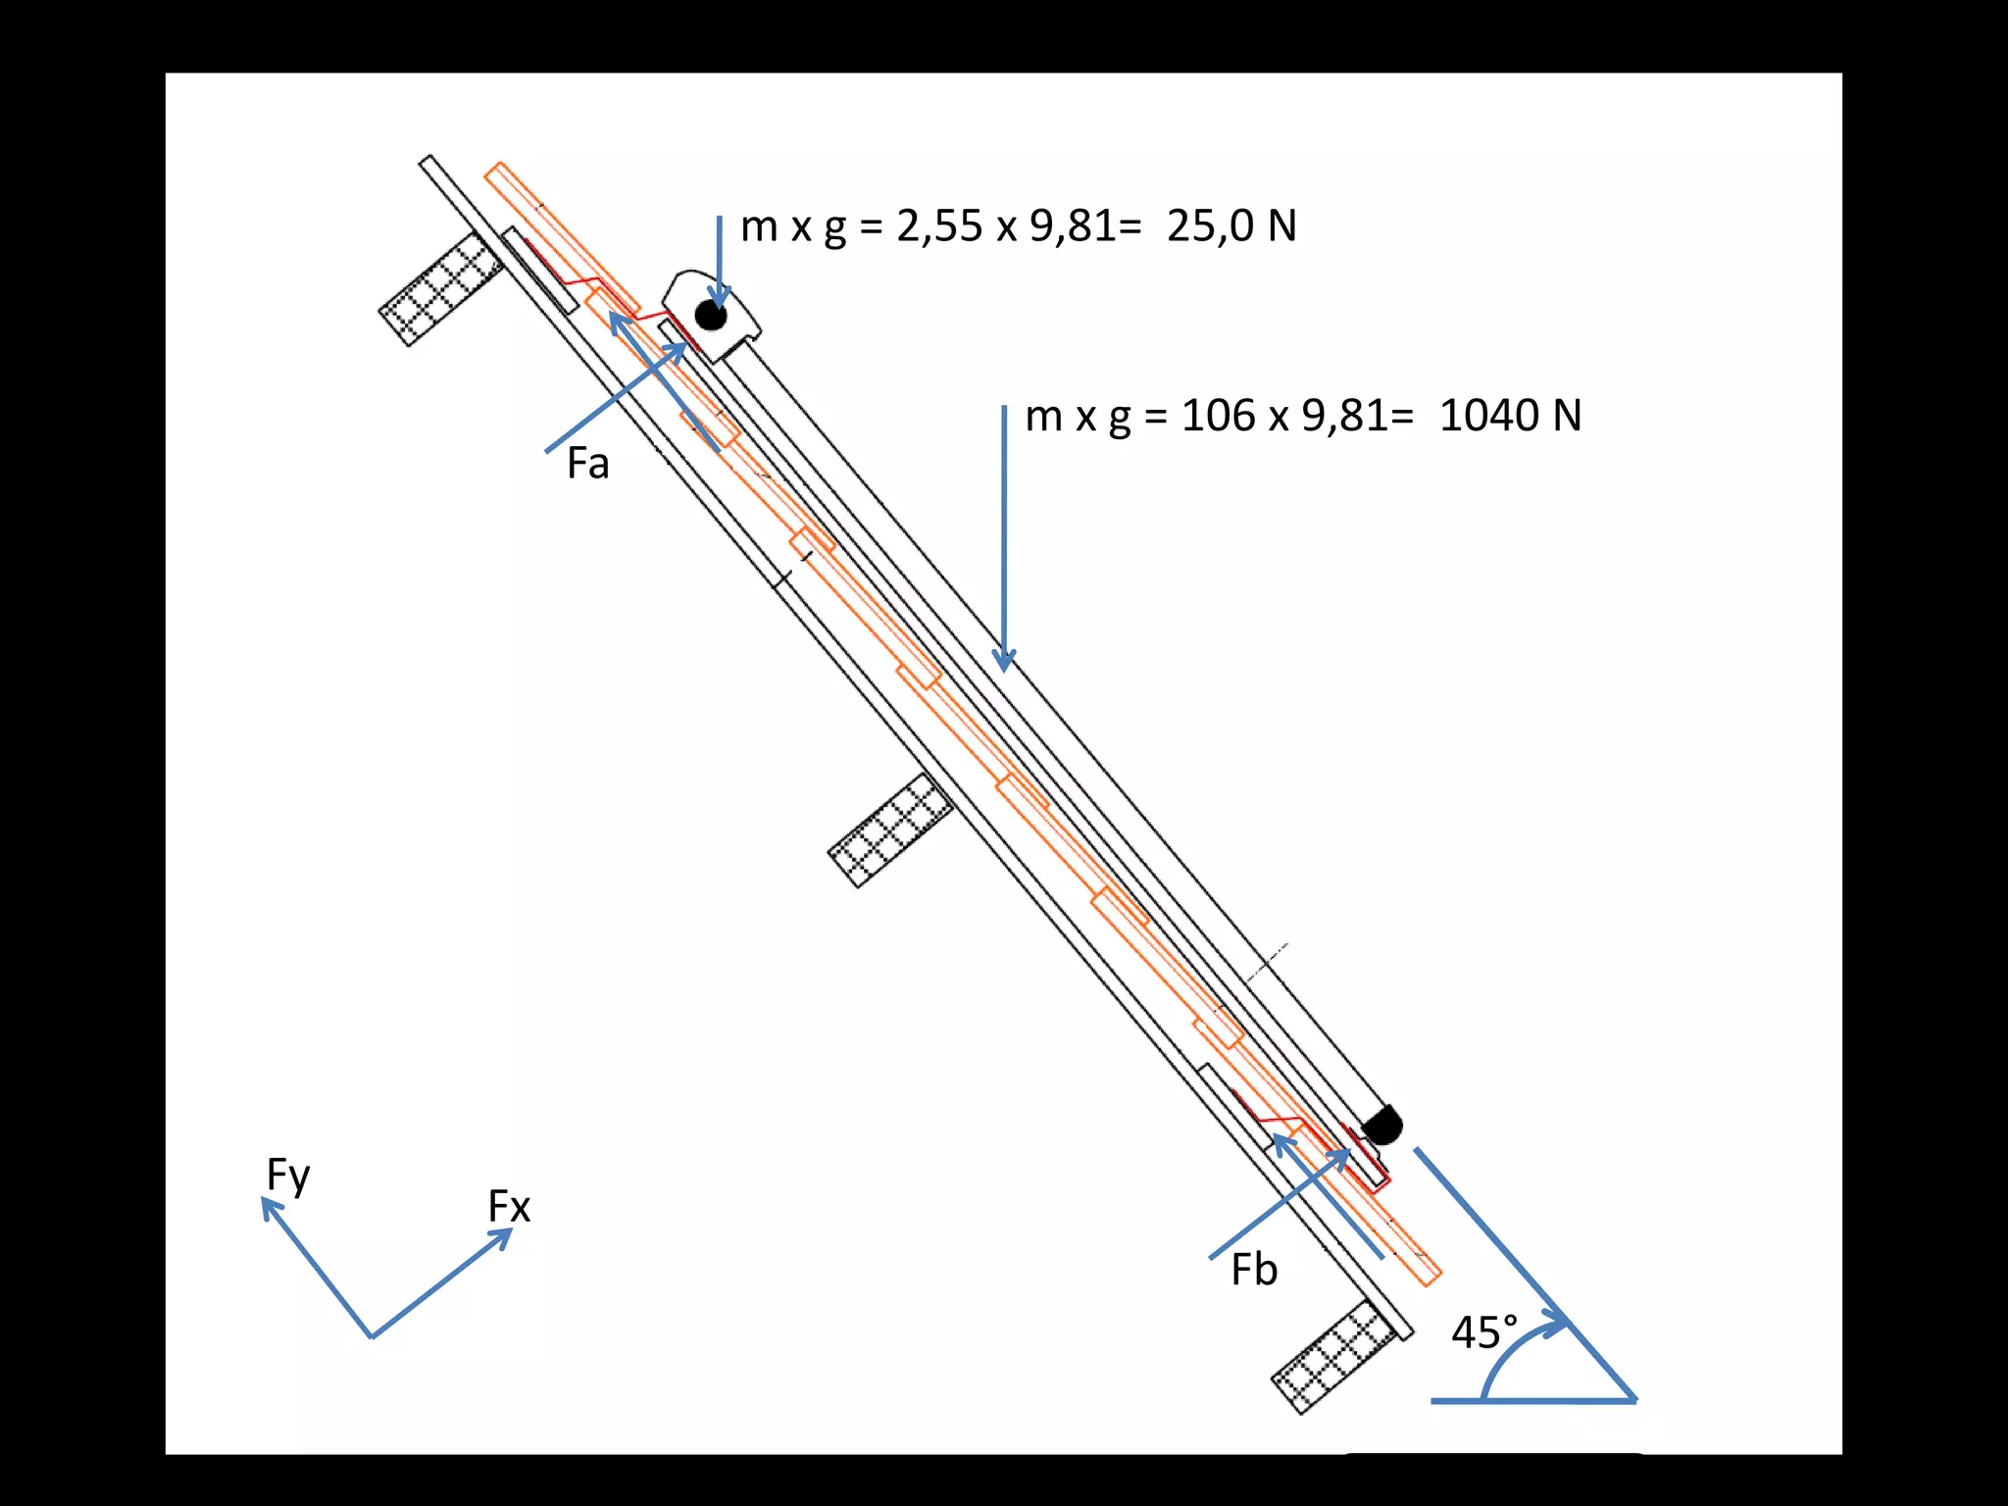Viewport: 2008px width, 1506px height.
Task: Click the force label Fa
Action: tap(587, 464)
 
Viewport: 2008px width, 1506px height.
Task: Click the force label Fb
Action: tap(1254, 1271)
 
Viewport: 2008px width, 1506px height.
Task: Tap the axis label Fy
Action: tap(288, 1176)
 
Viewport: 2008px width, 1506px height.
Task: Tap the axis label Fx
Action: tap(509, 1207)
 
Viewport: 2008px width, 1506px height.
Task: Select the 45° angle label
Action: tap(1483, 1333)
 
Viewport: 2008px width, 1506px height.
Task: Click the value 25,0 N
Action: tap(1231, 226)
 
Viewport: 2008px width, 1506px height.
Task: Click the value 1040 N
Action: tap(1510, 416)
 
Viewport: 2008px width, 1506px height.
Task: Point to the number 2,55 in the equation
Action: tap(938, 226)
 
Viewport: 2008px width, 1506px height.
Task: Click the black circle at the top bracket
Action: tap(711, 316)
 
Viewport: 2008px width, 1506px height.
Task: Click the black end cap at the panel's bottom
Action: tap(1382, 1126)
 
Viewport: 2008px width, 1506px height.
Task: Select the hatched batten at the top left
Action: tap(441, 289)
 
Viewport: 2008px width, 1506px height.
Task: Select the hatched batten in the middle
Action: tap(890, 829)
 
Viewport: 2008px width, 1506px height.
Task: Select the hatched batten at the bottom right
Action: tap(1333, 1357)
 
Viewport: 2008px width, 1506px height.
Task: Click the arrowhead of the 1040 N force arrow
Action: tap(1004, 662)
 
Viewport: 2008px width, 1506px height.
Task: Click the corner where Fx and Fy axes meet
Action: tap(372, 1335)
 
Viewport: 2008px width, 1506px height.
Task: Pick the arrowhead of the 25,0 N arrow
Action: tap(720, 299)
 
